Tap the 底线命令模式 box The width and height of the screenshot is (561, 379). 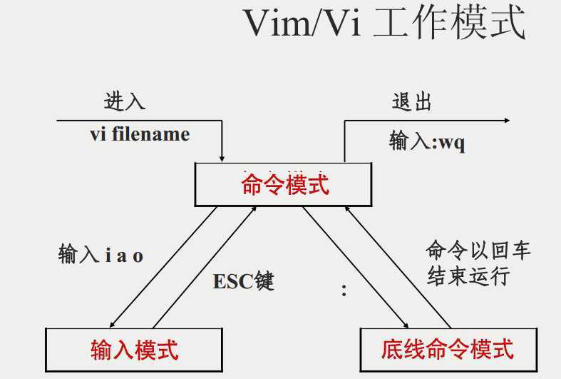pos(448,349)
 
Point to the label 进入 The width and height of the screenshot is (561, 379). pos(125,101)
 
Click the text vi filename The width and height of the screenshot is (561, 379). pos(140,134)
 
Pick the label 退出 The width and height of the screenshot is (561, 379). pos(412,101)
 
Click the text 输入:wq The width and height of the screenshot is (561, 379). pos(427,141)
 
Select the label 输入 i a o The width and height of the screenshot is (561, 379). pos(101,255)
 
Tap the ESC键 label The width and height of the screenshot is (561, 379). pos(243,281)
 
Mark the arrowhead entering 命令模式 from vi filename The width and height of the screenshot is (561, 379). pos(223,156)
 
